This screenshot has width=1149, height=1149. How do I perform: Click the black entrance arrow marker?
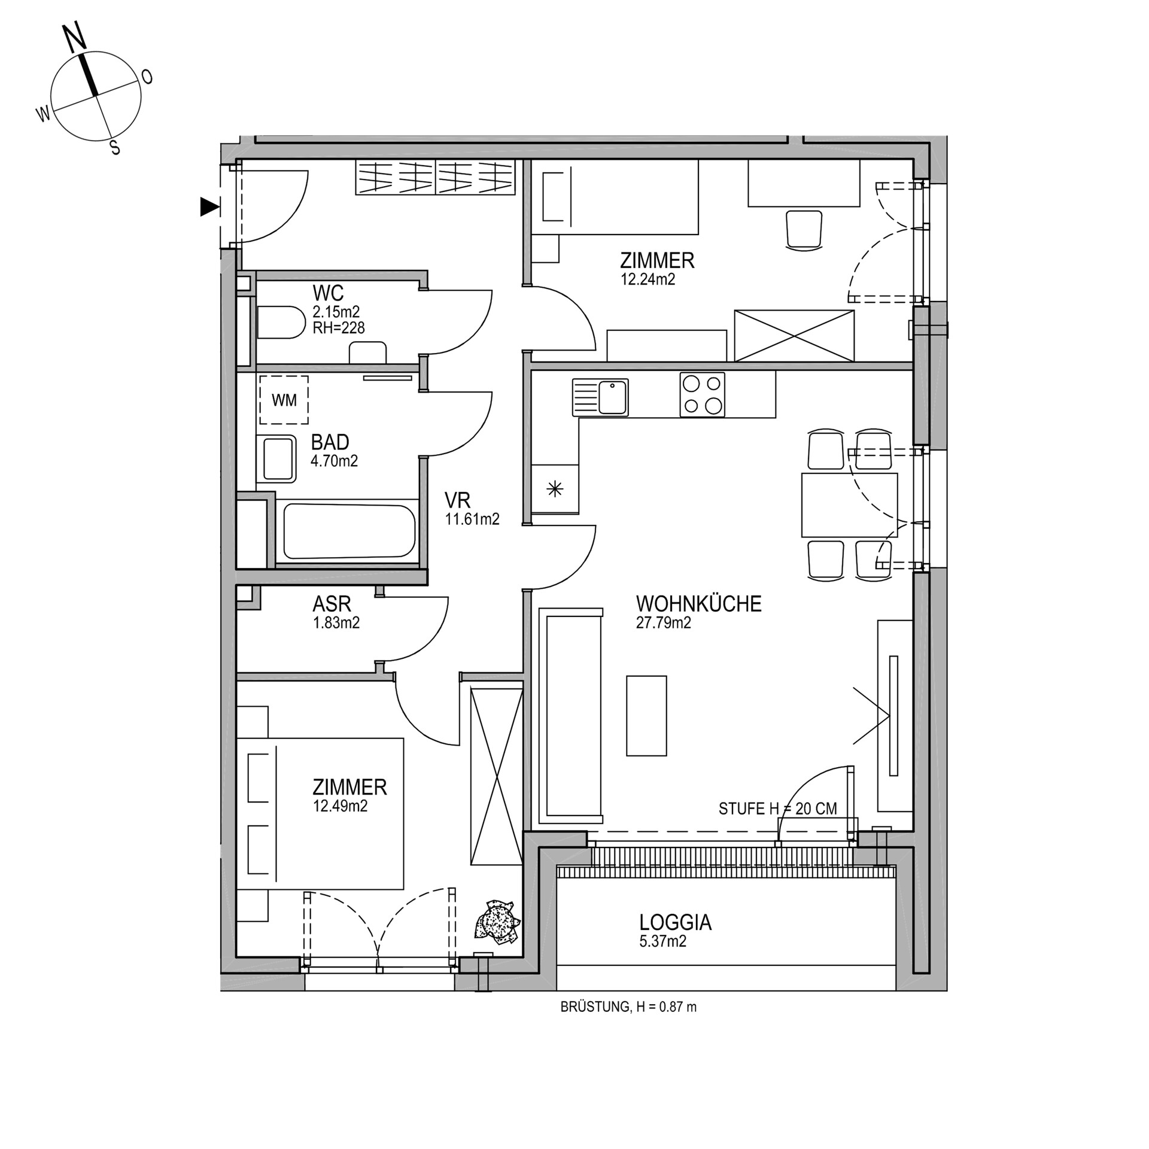point(209,206)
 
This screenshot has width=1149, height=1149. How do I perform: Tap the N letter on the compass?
point(75,39)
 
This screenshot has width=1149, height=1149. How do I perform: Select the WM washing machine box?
point(284,400)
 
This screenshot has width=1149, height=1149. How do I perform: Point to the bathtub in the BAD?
point(349,531)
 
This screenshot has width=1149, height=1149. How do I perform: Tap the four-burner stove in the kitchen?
point(702,394)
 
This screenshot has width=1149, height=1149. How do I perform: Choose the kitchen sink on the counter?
point(600,397)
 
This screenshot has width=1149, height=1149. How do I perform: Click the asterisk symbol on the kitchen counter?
point(555,490)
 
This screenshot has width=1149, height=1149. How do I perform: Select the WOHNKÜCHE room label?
point(698,604)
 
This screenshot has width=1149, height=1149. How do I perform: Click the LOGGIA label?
point(675,922)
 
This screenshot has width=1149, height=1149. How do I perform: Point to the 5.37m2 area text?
point(662,941)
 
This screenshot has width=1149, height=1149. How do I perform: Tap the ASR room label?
point(332,604)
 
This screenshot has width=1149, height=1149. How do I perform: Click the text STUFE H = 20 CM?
point(777,809)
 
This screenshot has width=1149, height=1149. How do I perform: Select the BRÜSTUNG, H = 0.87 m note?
point(628,1007)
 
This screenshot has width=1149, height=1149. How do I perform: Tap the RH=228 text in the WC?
point(338,327)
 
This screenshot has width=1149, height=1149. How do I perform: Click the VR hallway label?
point(457,500)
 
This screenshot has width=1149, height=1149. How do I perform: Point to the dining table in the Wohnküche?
point(849,504)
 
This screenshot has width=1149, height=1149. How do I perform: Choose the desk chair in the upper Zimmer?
point(803,229)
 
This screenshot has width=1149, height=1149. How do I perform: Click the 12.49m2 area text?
point(340,806)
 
